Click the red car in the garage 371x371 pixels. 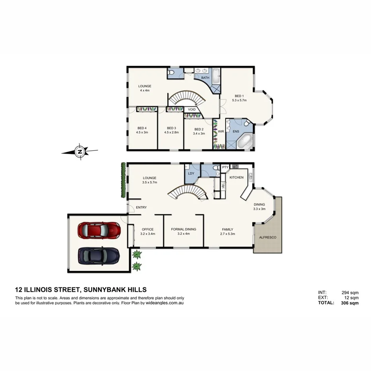(99, 230)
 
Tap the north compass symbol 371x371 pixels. (80, 152)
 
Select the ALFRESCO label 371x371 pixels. (268, 237)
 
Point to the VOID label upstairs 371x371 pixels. (192, 109)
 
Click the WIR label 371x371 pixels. (221, 131)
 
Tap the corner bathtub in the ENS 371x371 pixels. (245, 141)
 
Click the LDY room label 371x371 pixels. (191, 173)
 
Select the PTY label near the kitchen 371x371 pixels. (225, 167)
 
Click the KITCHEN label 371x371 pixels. (236, 177)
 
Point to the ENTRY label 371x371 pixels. (141, 207)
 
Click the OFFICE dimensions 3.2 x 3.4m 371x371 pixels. (147, 234)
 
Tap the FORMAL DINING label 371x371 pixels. (184, 229)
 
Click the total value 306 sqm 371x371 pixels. (350, 303)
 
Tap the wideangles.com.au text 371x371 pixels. (165, 303)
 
